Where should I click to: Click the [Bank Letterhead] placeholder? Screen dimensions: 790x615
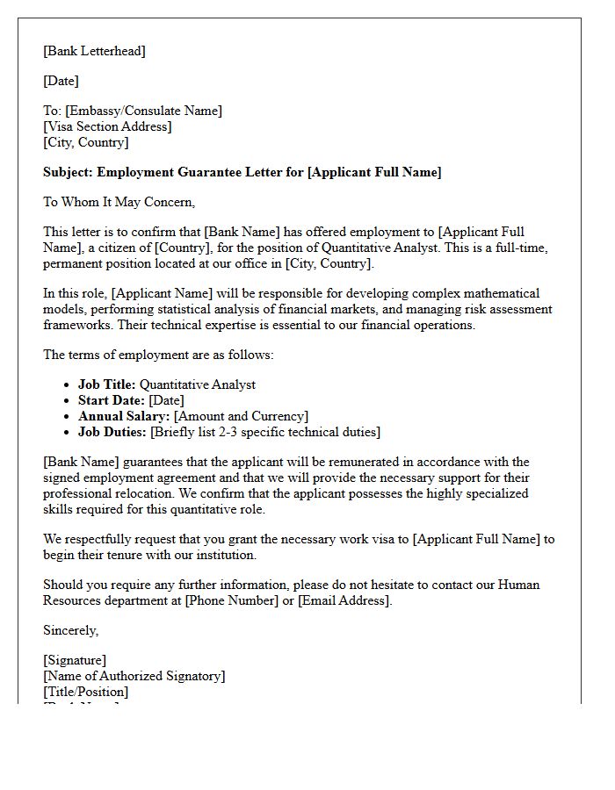click(95, 51)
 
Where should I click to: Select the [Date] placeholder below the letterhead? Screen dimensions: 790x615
click(61, 81)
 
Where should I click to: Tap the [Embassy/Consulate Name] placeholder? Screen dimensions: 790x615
click(143, 111)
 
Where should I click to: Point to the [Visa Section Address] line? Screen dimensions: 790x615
click(107, 126)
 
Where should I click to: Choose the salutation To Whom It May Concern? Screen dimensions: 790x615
click(119, 202)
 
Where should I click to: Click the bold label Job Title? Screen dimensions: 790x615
click(107, 384)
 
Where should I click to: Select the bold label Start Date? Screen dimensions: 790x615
click(112, 400)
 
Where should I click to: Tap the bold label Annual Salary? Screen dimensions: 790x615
click(124, 416)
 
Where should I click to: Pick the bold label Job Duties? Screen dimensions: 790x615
click(112, 432)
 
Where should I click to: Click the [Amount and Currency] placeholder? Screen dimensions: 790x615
click(242, 416)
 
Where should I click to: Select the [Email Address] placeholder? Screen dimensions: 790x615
click(344, 600)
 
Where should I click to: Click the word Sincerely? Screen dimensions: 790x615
click(71, 630)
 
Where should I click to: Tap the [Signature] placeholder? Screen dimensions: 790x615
click(75, 660)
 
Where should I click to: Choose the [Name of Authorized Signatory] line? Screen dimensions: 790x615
click(134, 676)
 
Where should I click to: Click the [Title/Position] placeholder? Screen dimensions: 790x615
click(85, 692)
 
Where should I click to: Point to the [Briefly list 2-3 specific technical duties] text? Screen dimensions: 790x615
click(266, 432)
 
